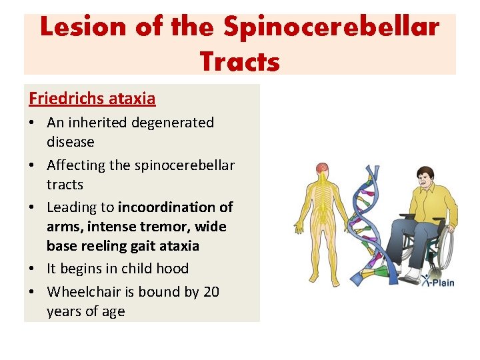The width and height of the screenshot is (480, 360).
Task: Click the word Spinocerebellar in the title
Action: [331, 28]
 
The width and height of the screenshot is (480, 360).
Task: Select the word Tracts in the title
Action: [239, 61]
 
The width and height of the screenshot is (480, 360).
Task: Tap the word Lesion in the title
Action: [81, 28]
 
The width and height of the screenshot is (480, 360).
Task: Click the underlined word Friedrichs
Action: [65, 99]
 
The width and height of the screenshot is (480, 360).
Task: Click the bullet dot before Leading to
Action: [33, 207]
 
